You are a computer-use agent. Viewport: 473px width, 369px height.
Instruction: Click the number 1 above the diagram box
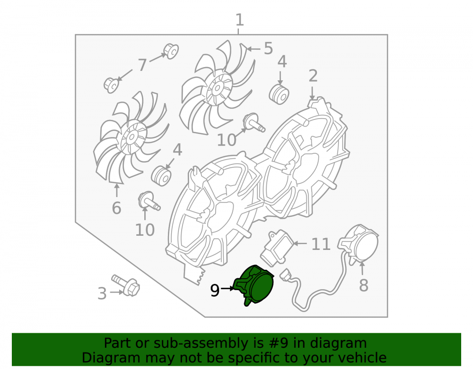tap(239, 20)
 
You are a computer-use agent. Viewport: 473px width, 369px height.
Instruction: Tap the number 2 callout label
tap(313, 76)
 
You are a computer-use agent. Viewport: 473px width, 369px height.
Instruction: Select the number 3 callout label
tap(102, 293)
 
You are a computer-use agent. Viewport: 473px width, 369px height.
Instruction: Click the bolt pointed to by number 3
tap(126, 285)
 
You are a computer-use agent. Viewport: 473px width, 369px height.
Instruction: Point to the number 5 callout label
tap(268, 48)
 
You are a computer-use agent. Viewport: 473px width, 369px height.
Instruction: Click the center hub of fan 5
tap(217, 88)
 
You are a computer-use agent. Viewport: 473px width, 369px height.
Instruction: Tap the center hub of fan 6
tap(131, 137)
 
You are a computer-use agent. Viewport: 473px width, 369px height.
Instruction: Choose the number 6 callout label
tap(116, 208)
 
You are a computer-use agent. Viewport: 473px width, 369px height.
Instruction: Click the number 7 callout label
tap(142, 64)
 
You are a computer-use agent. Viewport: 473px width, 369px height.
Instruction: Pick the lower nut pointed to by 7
tap(111, 85)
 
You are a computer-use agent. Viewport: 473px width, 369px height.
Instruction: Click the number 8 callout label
tap(363, 285)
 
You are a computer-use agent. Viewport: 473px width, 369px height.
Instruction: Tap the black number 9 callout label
tap(215, 291)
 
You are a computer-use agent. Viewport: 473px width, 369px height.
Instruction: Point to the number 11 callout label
tap(321, 244)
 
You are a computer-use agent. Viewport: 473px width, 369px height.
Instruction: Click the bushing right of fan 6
tap(161, 176)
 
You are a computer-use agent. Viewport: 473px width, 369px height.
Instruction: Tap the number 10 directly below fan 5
tap(227, 140)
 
